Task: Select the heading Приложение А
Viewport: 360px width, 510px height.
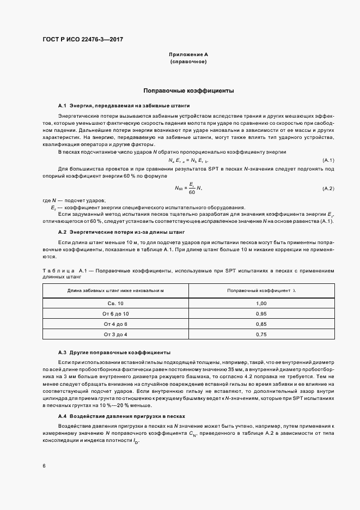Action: (x=188, y=54)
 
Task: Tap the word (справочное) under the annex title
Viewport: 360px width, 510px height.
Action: (x=188, y=62)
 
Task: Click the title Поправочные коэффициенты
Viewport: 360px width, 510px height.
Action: (x=188, y=90)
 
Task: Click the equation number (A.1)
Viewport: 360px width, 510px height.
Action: (x=328, y=160)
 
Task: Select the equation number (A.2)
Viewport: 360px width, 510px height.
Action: (x=328, y=188)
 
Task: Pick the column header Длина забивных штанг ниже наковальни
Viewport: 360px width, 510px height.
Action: (x=115, y=291)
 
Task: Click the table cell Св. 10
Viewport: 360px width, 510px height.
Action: (x=115, y=303)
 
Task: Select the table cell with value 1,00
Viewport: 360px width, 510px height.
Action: (x=261, y=303)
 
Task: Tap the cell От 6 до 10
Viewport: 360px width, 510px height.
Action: (x=115, y=314)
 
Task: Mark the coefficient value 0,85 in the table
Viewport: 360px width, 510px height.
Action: (x=261, y=324)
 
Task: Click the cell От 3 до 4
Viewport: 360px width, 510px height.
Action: (x=115, y=334)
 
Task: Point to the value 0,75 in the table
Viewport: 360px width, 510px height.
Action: (x=261, y=334)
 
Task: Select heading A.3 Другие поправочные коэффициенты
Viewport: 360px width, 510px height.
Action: (x=114, y=353)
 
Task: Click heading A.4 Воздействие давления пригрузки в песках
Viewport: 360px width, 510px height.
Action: (x=122, y=416)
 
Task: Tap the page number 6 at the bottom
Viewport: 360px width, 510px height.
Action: (x=44, y=466)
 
